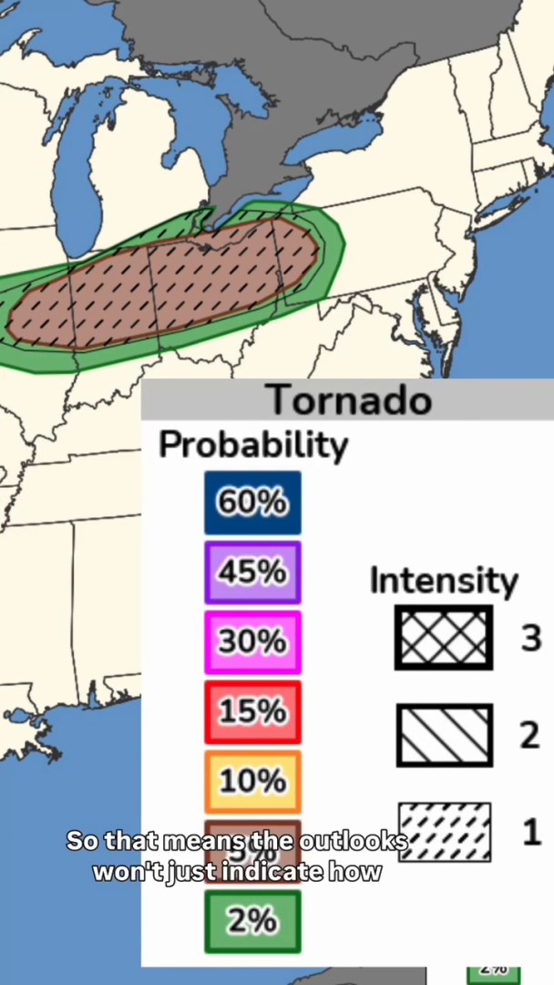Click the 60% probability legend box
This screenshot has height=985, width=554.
point(252,503)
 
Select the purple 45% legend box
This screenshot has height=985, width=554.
point(252,572)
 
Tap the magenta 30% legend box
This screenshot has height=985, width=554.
point(252,642)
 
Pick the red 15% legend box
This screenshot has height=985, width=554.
point(252,711)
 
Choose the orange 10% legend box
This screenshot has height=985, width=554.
point(252,782)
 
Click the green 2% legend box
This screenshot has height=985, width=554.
point(252,921)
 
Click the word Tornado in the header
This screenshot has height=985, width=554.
point(349,400)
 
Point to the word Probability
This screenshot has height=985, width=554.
point(253,445)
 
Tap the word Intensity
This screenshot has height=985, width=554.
point(444,580)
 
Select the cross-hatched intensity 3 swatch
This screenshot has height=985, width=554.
point(444,638)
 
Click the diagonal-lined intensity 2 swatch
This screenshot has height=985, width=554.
point(444,734)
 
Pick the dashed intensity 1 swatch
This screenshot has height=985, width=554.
point(445,831)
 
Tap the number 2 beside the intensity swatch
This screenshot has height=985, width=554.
point(530,735)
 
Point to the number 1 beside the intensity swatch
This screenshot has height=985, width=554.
point(532,832)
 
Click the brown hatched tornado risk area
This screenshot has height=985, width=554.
point(164,283)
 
